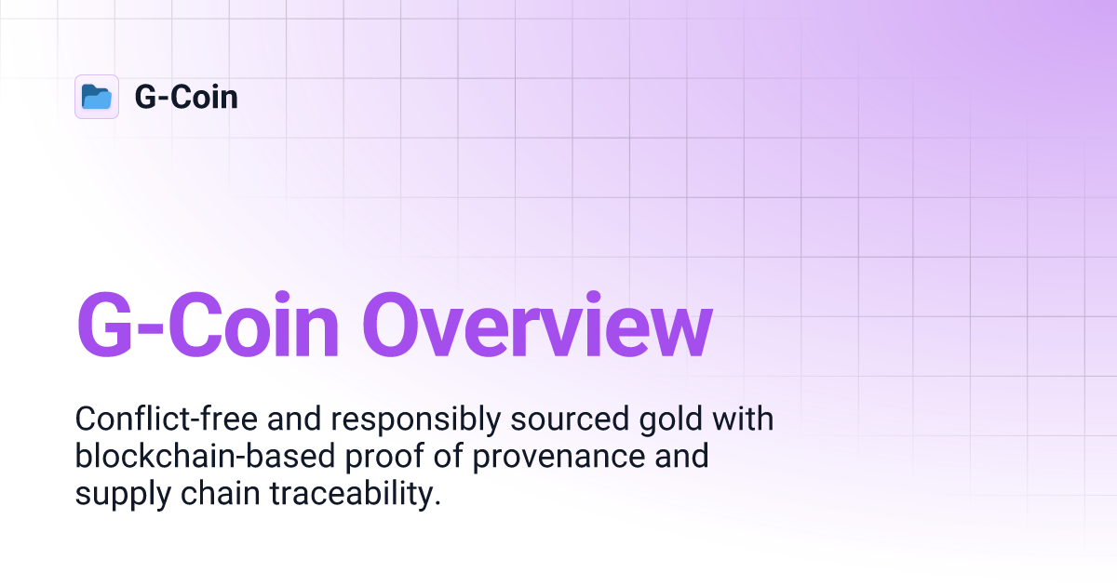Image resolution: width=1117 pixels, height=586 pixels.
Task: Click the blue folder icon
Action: point(97,97)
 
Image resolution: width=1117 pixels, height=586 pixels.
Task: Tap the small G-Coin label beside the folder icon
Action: point(186,97)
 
